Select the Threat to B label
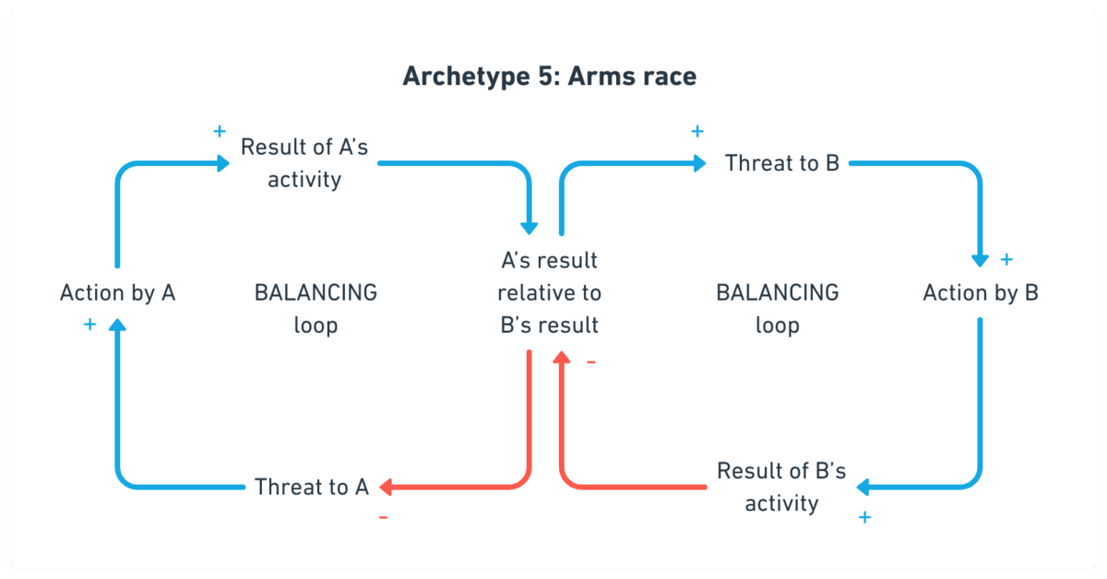tap(781, 163)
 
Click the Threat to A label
tap(312, 487)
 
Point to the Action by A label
tap(117, 293)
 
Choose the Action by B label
tap(981, 293)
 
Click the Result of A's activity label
tap(304, 163)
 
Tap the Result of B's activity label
tap(781, 487)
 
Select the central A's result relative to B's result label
tap(549, 293)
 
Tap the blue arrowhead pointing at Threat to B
tap(699, 164)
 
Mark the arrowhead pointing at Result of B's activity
tap(863, 487)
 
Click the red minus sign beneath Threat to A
tap(383, 517)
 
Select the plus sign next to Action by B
tap(1006, 260)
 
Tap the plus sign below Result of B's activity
tap(864, 517)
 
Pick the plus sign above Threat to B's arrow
tap(697, 131)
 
